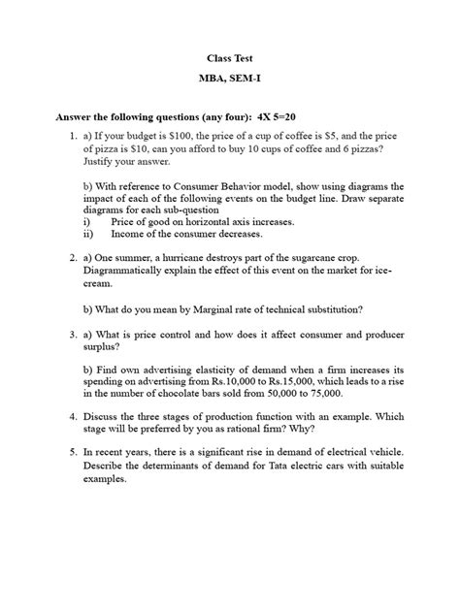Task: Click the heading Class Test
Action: click(229, 57)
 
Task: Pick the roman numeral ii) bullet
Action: click(89, 234)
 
